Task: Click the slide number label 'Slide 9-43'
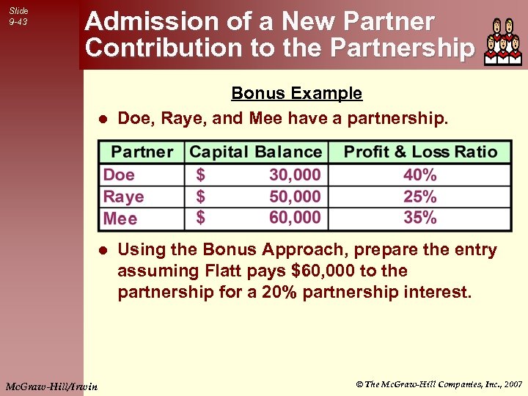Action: (18, 16)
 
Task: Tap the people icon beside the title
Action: (503, 42)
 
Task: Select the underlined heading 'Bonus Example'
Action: (296, 93)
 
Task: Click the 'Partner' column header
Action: (142, 153)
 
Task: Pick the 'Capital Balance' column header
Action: (255, 153)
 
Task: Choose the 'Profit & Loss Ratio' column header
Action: (420, 153)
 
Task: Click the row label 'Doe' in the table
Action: (119, 175)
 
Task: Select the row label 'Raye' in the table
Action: (123, 197)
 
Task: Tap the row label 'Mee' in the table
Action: (120, 219)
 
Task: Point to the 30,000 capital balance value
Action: (295, 175)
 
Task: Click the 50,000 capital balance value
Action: (295, 197)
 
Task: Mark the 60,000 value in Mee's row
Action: (295, 218)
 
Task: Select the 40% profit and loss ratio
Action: (420, 175)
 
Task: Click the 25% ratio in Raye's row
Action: (420, 197)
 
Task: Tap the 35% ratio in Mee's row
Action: (420, 218)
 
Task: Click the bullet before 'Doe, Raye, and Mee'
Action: (103, 118)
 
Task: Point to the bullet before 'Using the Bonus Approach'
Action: (103, 251)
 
